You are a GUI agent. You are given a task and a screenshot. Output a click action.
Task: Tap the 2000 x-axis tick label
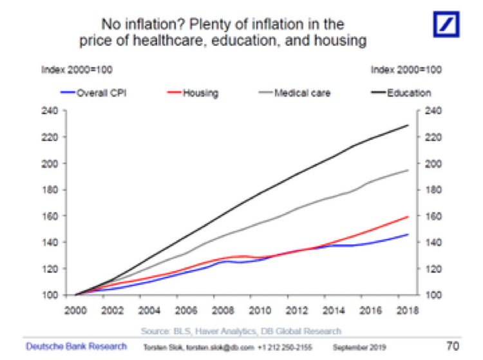coord(76,308)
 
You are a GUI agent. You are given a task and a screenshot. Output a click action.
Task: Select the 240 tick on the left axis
coord(51,111)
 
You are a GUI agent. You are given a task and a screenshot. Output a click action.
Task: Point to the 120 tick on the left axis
coord(51,269)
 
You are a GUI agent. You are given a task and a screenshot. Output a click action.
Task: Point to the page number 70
coord(454,346)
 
